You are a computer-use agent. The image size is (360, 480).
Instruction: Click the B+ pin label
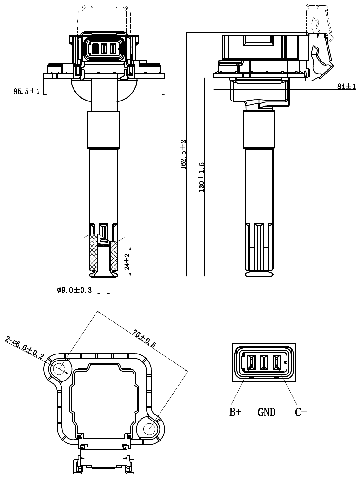point(236,411)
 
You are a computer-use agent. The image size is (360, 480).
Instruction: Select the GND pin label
point(267,411)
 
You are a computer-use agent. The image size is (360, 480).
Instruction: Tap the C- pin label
point(299,411)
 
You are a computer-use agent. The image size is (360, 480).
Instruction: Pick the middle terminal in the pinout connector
point(265,363)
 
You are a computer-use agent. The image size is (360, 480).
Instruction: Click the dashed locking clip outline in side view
point(318,55)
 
